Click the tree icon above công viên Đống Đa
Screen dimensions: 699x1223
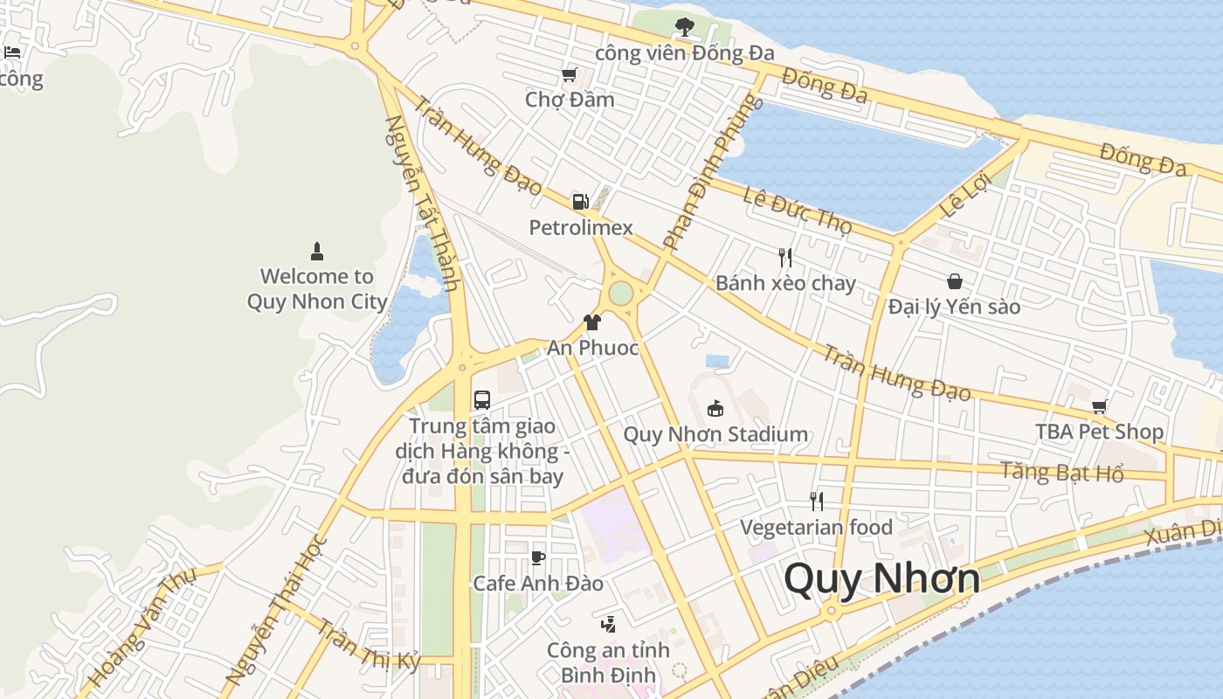pos(685,27)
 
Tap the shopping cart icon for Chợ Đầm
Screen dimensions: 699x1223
pos(570,75)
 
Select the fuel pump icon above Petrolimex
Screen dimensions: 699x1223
pos(580,202)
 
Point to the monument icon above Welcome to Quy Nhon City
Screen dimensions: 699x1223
pos(317,252)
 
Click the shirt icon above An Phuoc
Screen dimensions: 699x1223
pos(592,322)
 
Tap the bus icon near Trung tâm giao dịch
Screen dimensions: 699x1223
pos(481,400)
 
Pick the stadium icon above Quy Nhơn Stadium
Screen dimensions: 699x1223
pos(715,408)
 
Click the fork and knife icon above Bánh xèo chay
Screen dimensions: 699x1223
pos(785,257)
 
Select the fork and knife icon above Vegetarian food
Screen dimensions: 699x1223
pos(816,502)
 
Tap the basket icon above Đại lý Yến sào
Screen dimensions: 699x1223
pos(954,281)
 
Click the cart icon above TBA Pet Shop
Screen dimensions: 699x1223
pos(1099,406)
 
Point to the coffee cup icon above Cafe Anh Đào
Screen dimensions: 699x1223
pos(538,557)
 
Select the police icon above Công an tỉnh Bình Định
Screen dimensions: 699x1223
pos(608,624)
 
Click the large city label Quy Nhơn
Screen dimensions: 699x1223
pos(881,578)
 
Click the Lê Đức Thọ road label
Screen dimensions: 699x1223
pos(797,211)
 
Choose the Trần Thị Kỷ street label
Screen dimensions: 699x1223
pos(368,645)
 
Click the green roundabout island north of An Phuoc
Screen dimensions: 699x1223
pos(620,293)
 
